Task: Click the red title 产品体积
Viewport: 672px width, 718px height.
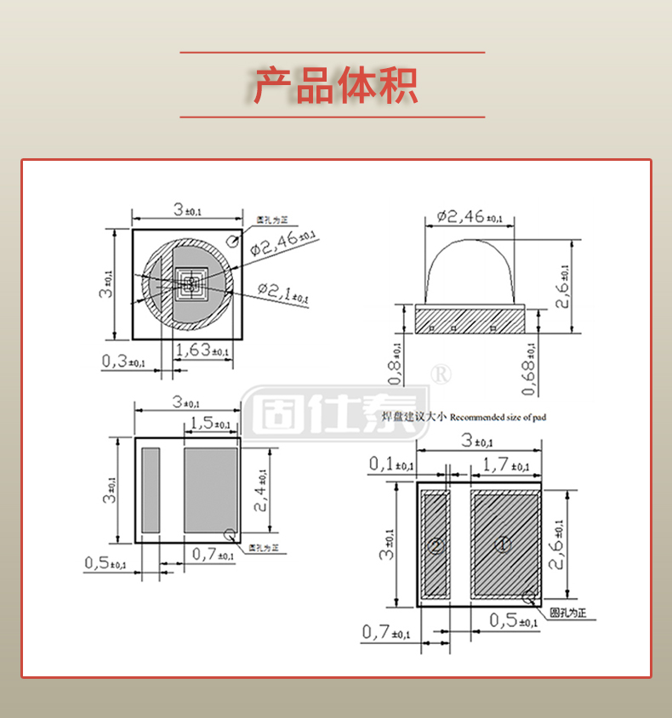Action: [x=335, y=85]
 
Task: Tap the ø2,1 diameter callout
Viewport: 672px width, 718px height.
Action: [x=282, y=293]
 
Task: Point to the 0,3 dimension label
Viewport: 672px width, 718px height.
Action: [x=123, y=361]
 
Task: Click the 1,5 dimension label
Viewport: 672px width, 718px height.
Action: [x=210, y=423]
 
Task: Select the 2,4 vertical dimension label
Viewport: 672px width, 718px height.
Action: [x=260, y=493]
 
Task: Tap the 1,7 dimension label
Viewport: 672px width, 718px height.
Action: [x=505, y=464]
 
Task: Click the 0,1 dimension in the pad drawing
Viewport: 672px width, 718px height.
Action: [x=391, y=464]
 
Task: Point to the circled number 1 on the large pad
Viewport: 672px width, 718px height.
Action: [x=503, y=543]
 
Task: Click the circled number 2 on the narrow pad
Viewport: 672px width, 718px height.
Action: [x=436, y=545]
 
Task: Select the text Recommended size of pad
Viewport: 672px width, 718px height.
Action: [x=498, y=417]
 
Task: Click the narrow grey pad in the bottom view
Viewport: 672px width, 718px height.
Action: [x=151, y=490]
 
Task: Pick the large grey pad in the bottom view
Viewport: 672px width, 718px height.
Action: [x=210, y=490]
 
